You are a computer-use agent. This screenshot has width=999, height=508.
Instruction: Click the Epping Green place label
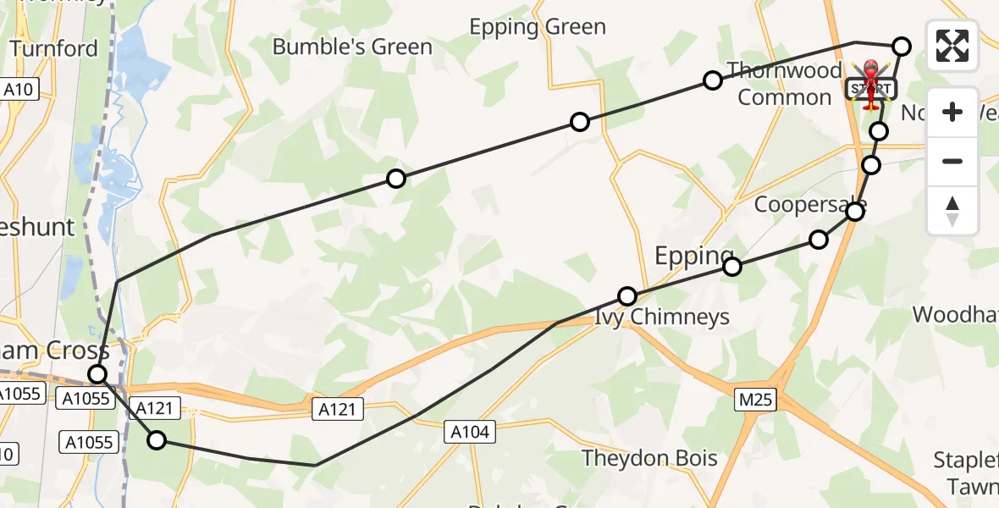538,27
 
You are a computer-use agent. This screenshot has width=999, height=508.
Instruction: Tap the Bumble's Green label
352,47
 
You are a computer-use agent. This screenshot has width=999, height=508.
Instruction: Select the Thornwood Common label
785,84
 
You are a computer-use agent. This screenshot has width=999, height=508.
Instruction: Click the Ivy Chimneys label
662,317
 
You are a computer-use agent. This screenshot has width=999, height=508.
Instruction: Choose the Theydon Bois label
650,459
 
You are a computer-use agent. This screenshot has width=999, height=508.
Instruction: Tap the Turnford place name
55,48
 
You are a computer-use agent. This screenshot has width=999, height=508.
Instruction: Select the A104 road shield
468,433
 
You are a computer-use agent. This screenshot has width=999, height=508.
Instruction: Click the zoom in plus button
952,112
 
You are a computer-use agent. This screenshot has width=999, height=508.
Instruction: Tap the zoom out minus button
952,161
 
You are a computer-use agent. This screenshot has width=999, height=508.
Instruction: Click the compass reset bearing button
952,210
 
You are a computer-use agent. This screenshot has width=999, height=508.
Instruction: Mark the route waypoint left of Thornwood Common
713,80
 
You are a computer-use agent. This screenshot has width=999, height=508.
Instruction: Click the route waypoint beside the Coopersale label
856,211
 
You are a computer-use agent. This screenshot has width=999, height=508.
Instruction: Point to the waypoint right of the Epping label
732,267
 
